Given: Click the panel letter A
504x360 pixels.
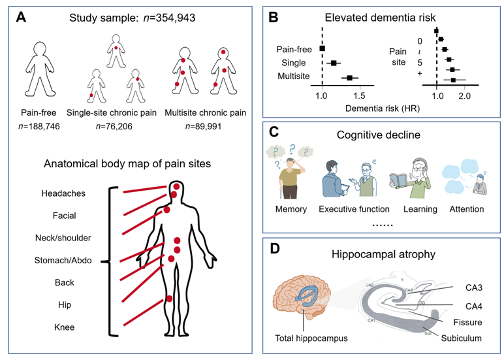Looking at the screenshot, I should point(21,18).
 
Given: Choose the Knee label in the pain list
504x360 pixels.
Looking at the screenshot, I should point(63,327).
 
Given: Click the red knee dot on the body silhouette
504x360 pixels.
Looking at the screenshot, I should point(169,299).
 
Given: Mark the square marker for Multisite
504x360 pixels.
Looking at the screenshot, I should point(349,78).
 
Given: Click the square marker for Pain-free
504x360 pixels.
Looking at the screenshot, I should point(323,49).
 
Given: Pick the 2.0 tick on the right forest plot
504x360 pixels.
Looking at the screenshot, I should point(464,96).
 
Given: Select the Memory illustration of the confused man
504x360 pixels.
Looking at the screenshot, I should point(291,173).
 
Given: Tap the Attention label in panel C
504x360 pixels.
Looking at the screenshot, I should point(466,209).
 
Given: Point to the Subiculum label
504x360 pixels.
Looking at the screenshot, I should point(462,338).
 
